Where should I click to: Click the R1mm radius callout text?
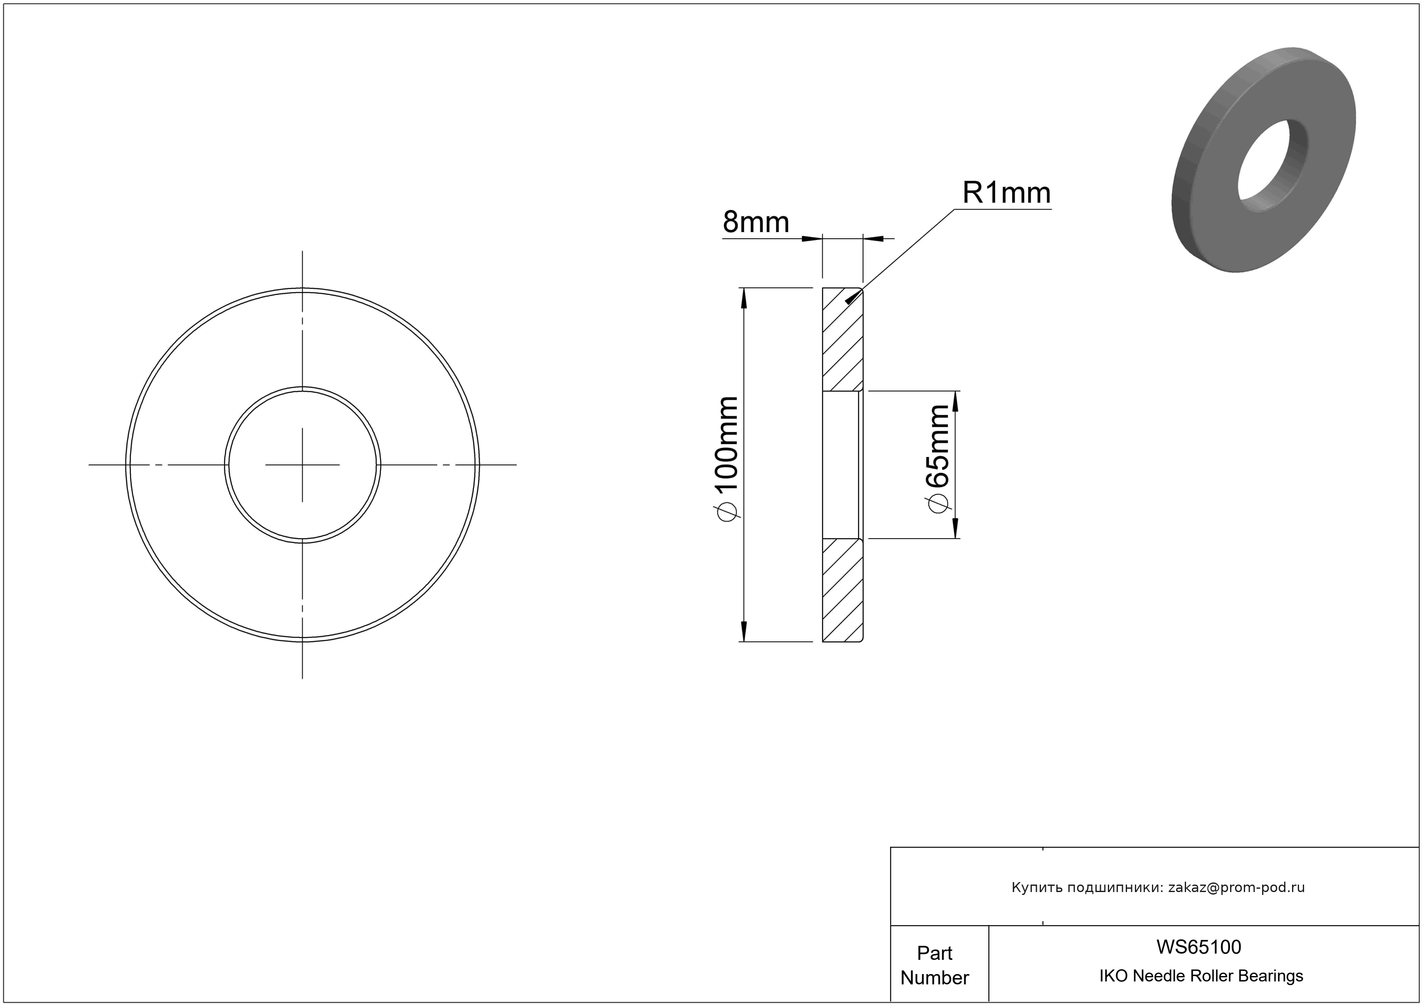point(1006,193)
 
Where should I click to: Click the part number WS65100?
point(1199,947)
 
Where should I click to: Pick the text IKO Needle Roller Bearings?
point(1201,976)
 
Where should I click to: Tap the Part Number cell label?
point(935,965)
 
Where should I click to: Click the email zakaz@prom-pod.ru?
point(1236,887)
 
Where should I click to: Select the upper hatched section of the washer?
point(842,340)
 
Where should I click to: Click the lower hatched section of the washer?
point(842,590)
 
